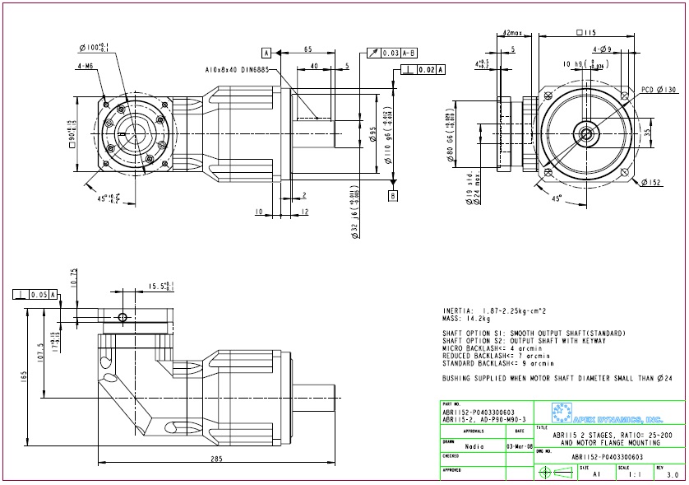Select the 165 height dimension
(x=25, y=375)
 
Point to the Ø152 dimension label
(x=653, y=182)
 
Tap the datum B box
(x=393, y=195)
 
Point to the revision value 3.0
(x=672, y=475)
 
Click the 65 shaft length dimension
(x=308, y=50)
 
